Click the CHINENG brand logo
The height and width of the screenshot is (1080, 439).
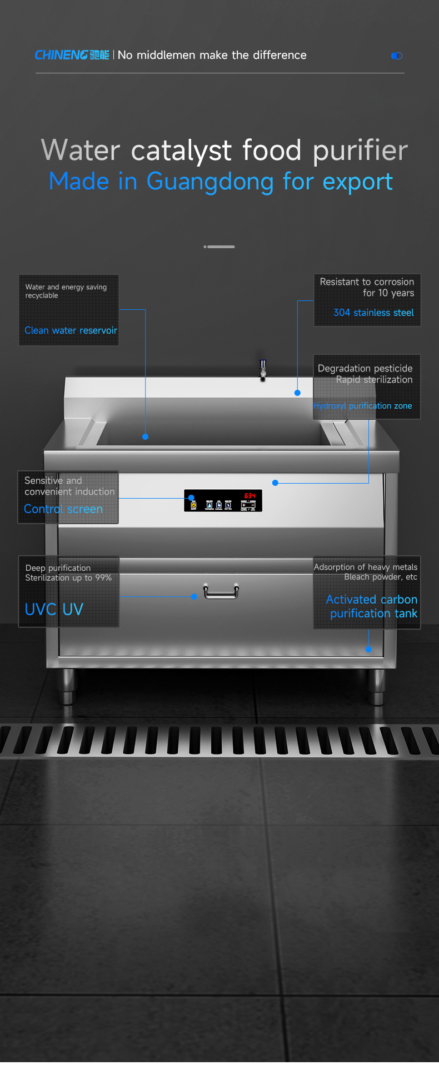[72, 55]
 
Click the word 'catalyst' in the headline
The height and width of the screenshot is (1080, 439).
[181, 150]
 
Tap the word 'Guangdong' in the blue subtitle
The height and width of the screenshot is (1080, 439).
[209, 182]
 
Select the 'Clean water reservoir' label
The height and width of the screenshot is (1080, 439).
[71, 330]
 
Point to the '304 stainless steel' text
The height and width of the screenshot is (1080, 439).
[373, 313]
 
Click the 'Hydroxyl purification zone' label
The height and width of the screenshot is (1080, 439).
[363, 406]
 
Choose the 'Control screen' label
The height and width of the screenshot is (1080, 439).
[63, 509]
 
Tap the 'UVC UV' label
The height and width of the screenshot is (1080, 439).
[54, 609]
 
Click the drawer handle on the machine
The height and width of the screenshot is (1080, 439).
[221, 592]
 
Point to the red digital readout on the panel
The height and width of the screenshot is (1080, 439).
[250, 495]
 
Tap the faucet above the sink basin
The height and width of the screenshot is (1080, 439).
[263, 369]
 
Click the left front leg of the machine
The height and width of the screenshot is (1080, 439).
[67, 686]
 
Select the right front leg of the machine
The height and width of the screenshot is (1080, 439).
[376, 686]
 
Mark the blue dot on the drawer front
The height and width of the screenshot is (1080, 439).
[194, 596]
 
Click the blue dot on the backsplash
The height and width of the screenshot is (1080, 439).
[297, 393]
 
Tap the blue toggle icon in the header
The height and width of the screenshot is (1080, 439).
[397, 56]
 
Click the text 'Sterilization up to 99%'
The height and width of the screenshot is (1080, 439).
[68, 578]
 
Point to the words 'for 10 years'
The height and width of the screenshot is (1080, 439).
[388, 293]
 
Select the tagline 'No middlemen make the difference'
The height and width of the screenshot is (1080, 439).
[212, 55]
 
